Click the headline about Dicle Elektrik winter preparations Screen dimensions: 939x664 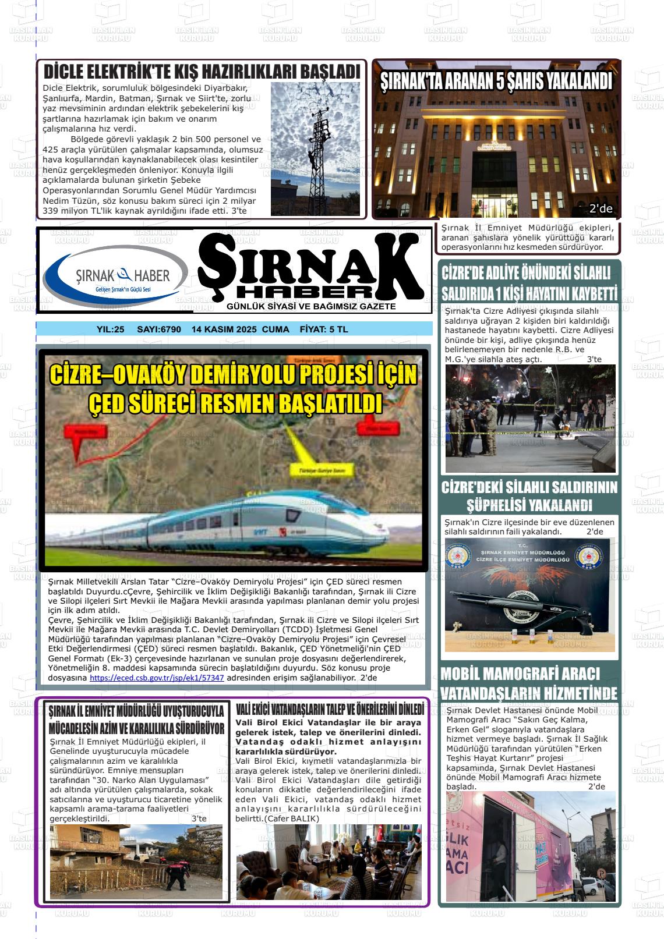tap(202, 72)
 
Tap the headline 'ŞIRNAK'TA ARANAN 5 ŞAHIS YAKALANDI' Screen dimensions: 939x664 tap(496, 82)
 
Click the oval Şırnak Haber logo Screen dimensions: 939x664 tap(115, 277)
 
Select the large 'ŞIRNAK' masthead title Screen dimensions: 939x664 tap(311, 265)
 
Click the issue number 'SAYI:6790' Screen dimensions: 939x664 tap(158, 329)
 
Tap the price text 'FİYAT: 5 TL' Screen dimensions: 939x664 tap(323, 329)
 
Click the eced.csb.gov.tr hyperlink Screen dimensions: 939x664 tap(157, 678)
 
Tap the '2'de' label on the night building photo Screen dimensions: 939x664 tap(601, 209)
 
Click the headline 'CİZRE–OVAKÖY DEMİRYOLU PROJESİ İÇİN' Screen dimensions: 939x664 tap(233, 375)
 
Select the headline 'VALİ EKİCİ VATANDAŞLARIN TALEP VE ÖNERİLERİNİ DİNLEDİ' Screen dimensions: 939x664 tap(330, 710)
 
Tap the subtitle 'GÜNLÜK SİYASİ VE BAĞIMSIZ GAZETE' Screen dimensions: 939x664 tap(310, 306)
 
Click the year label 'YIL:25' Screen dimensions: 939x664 tap(111, 329)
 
